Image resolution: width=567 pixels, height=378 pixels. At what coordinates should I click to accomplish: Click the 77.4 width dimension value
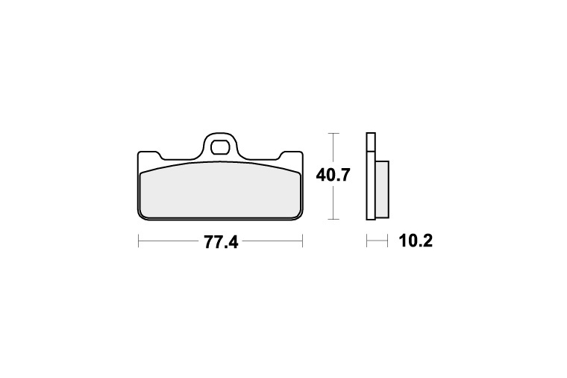(x=221, y=242)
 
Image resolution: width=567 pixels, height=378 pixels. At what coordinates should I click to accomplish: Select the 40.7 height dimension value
(x=333, y=176)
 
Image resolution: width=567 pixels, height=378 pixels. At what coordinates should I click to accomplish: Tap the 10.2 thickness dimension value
(x=416, y=241)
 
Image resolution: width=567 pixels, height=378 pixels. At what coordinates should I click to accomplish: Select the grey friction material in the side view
(x=382, y=189)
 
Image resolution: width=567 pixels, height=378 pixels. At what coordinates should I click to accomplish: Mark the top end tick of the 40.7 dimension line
(x=333, y=133)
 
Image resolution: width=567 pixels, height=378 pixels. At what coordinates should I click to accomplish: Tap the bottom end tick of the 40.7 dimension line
(x=333, y=219)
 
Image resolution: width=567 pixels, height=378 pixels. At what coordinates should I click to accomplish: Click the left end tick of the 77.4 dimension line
(x=139, y=241)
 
